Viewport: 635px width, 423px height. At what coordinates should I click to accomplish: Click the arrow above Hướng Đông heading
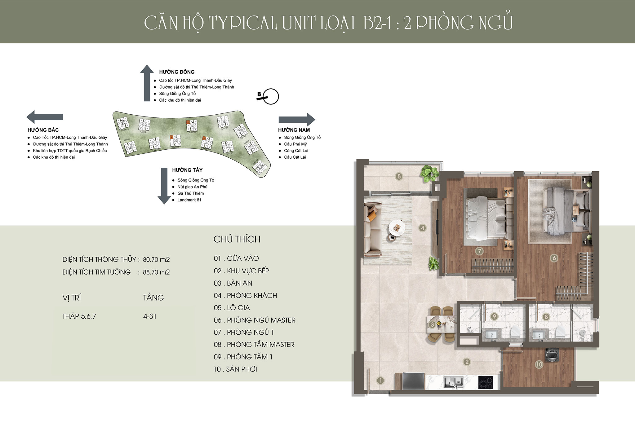pyautogui.click(x=147, y=83)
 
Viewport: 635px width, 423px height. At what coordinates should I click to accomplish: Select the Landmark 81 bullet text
pyautogui.click(x=189, y=200)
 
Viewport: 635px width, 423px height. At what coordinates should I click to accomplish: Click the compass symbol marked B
pyautogui.click(x=269, y=96)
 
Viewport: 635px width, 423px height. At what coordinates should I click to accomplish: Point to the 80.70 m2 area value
pyautogui.click(x=156, y=259)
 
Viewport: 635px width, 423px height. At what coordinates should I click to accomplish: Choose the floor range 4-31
pyautogui.click(x=150, y=316)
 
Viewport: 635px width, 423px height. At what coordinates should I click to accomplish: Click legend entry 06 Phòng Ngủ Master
pyautogui.click(x=255, y=320)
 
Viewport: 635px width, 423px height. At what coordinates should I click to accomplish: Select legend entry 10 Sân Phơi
pyautogui.click(x=235, y=369)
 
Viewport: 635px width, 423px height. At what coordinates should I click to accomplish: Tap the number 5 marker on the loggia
pyautogui.click(x=399, y=176)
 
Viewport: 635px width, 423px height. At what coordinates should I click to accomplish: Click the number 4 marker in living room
pyautogui.click(x=422, y=228)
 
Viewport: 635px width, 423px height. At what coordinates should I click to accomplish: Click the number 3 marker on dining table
pyautogui.click(x=432, y=325)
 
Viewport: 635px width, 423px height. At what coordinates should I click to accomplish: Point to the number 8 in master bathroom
pyautogui.click(x=546, y=317)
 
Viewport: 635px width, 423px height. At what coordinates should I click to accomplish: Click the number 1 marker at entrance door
pyautogui.click(x=380, y=381)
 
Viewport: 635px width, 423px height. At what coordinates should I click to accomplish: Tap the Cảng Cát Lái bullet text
pyautogui.click(x=296, y=151)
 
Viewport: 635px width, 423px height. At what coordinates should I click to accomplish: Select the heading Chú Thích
pyautogui.click(x=237, y=239)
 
